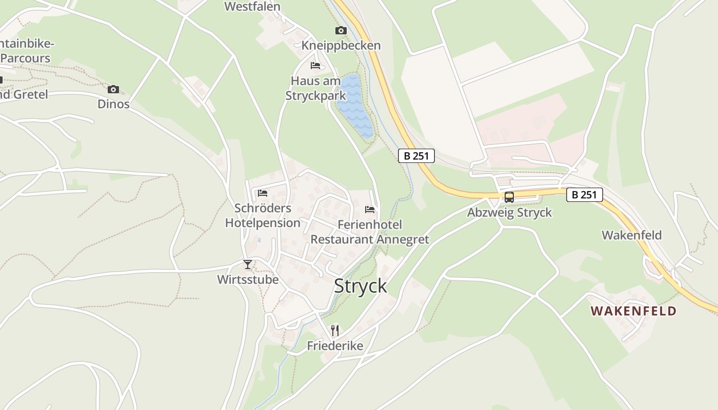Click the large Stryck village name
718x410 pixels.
[x=361, y=286]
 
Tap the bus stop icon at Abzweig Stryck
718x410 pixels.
[x=509, y=197]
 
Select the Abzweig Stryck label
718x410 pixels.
[x=509, y=212]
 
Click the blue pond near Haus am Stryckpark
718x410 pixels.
[x=355, y=106]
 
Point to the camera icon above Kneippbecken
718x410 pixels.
[x=341, y=31]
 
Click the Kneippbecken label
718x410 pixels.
[x=341, y=46]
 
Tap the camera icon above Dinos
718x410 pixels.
[x=113, y=89]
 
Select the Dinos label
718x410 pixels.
[x=113, y=104]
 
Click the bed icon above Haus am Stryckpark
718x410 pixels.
[x=315, y=66]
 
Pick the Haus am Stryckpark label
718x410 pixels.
[x=315, y=88]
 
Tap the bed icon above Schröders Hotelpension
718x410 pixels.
[x=263, y=193]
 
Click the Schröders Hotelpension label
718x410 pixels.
[x=263, y=215]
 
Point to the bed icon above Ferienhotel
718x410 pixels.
[x=370, y=209]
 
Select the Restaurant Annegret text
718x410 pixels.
[x=370, y=239]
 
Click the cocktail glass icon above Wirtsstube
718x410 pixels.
[x=248, y=264]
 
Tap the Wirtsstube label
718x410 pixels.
[x=248, y=279]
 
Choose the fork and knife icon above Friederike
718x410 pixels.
[x=335, y=330]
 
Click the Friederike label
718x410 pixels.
[x=335, y=346]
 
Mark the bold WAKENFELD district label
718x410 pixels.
[x=633, y=311]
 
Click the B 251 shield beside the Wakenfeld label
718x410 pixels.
[x=584, y=195]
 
